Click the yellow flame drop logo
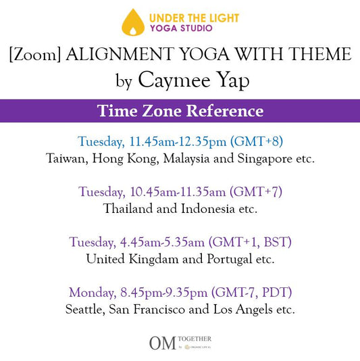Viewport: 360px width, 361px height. point(133,22)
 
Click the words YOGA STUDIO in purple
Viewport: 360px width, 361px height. point(181,28)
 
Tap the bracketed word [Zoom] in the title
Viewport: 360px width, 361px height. point(35,54)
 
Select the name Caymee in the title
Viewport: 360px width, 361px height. point(174,80)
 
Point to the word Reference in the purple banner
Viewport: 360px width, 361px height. point(225,111)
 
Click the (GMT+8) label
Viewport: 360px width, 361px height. point(257,141)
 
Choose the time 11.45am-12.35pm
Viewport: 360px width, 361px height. point(178,142)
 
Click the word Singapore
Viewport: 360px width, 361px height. point(265,159)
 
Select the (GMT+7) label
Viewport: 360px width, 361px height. point(256,192)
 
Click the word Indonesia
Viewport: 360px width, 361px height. point(208,209)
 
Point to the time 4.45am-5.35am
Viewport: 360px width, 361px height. point(162,242)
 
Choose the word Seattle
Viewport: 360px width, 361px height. point(85,309)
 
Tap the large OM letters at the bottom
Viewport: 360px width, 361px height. point(163,343)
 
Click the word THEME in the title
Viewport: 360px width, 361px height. point(320,54)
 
